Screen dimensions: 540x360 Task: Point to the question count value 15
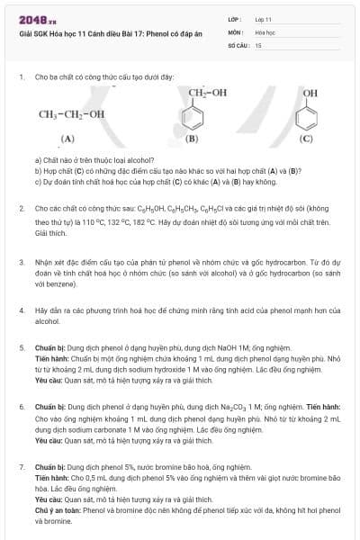tap(258, 44)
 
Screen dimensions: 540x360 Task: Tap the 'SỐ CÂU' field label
tap(238, 44)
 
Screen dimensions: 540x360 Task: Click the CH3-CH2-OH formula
tap(71, 114)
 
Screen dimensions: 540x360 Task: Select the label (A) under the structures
tap(67, 139)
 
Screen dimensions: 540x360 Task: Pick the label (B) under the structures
tap(191, 139)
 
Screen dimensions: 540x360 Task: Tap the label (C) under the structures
tap(307, 139)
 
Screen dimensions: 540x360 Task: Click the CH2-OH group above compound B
tap(208, 93)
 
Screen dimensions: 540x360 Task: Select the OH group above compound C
tap(310, 94)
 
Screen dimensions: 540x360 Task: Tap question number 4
tap(21, 310)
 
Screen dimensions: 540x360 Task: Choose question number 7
tap(21, 468)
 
